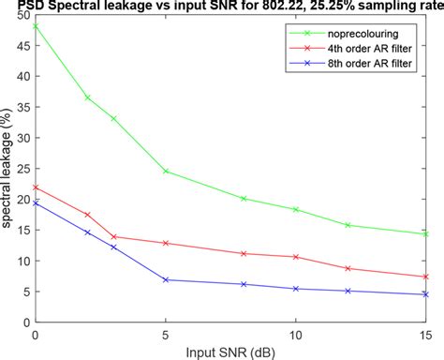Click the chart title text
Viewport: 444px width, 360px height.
pos(222,7)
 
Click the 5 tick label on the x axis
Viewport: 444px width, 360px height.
pos(166,335)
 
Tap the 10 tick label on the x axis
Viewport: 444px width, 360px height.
pos(296,335)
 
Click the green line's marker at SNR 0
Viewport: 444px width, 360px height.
pos(36,26)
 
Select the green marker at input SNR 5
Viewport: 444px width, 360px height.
pos(166,172)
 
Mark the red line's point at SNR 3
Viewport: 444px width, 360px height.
pos(113,237)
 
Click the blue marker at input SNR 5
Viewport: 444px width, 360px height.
pos(166,280)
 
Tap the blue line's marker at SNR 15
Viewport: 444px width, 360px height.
pos(426,294)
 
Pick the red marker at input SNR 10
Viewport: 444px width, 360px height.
pos(296,257)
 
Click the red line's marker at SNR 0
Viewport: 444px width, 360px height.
pos(36,187)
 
